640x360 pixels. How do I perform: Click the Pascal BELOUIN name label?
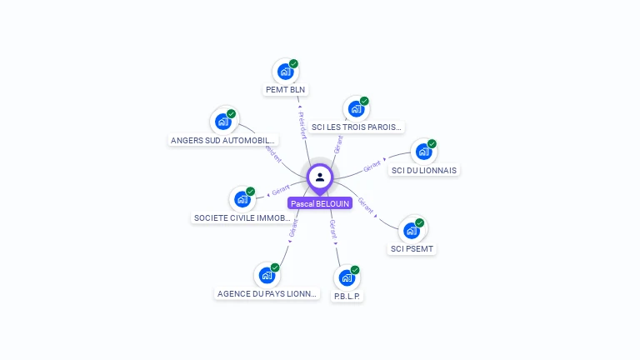pyautogui.click(x=320, y=203)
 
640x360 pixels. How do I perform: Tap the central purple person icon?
pyautogui.click(x=320, y=177)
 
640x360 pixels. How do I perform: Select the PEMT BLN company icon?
pyautogui.click(x=285, y=72)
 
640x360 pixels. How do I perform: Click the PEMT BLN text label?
pyautogui.click(x=286, y=90)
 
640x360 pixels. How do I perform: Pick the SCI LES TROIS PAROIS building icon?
pyautogui.click(x=356, y=109)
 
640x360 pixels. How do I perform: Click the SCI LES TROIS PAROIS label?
pyautogui.click(x=356, y=127)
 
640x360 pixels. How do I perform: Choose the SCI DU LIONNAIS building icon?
pyautogui.click(x=423, y=152)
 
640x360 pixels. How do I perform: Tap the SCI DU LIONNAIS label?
pyautogui.click(x=425, y=171)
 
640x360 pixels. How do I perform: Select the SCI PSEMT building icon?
pyautogui.click(x=412, y=230)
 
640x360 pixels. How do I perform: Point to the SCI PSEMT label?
pyautogui.click(x=412, y=248)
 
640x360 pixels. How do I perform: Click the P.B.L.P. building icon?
pyautogui.click(x=347, y=277)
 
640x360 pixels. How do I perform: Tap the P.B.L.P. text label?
pyautogui.click(x=348, y=296)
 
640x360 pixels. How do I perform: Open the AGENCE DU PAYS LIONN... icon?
pyautogui.click(x=267, y=275)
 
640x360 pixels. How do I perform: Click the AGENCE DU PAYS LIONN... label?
pyautogui.click(x=267, y=293)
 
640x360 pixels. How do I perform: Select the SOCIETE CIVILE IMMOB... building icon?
pyautogui.click(x=242, y=199)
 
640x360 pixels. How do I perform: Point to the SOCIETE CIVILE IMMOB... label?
pyautogui.click(x=242, y=217)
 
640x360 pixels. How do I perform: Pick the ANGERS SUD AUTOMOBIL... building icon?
pyautogui.click(x=222, y=122)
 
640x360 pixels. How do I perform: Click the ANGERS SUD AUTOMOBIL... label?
pyautogui.click(x=223, y=140)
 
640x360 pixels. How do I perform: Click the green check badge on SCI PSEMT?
pyautogui.click(x=420, y=222)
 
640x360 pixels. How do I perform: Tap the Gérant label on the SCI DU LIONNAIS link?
pyautogui.click(x=372, y=165)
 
